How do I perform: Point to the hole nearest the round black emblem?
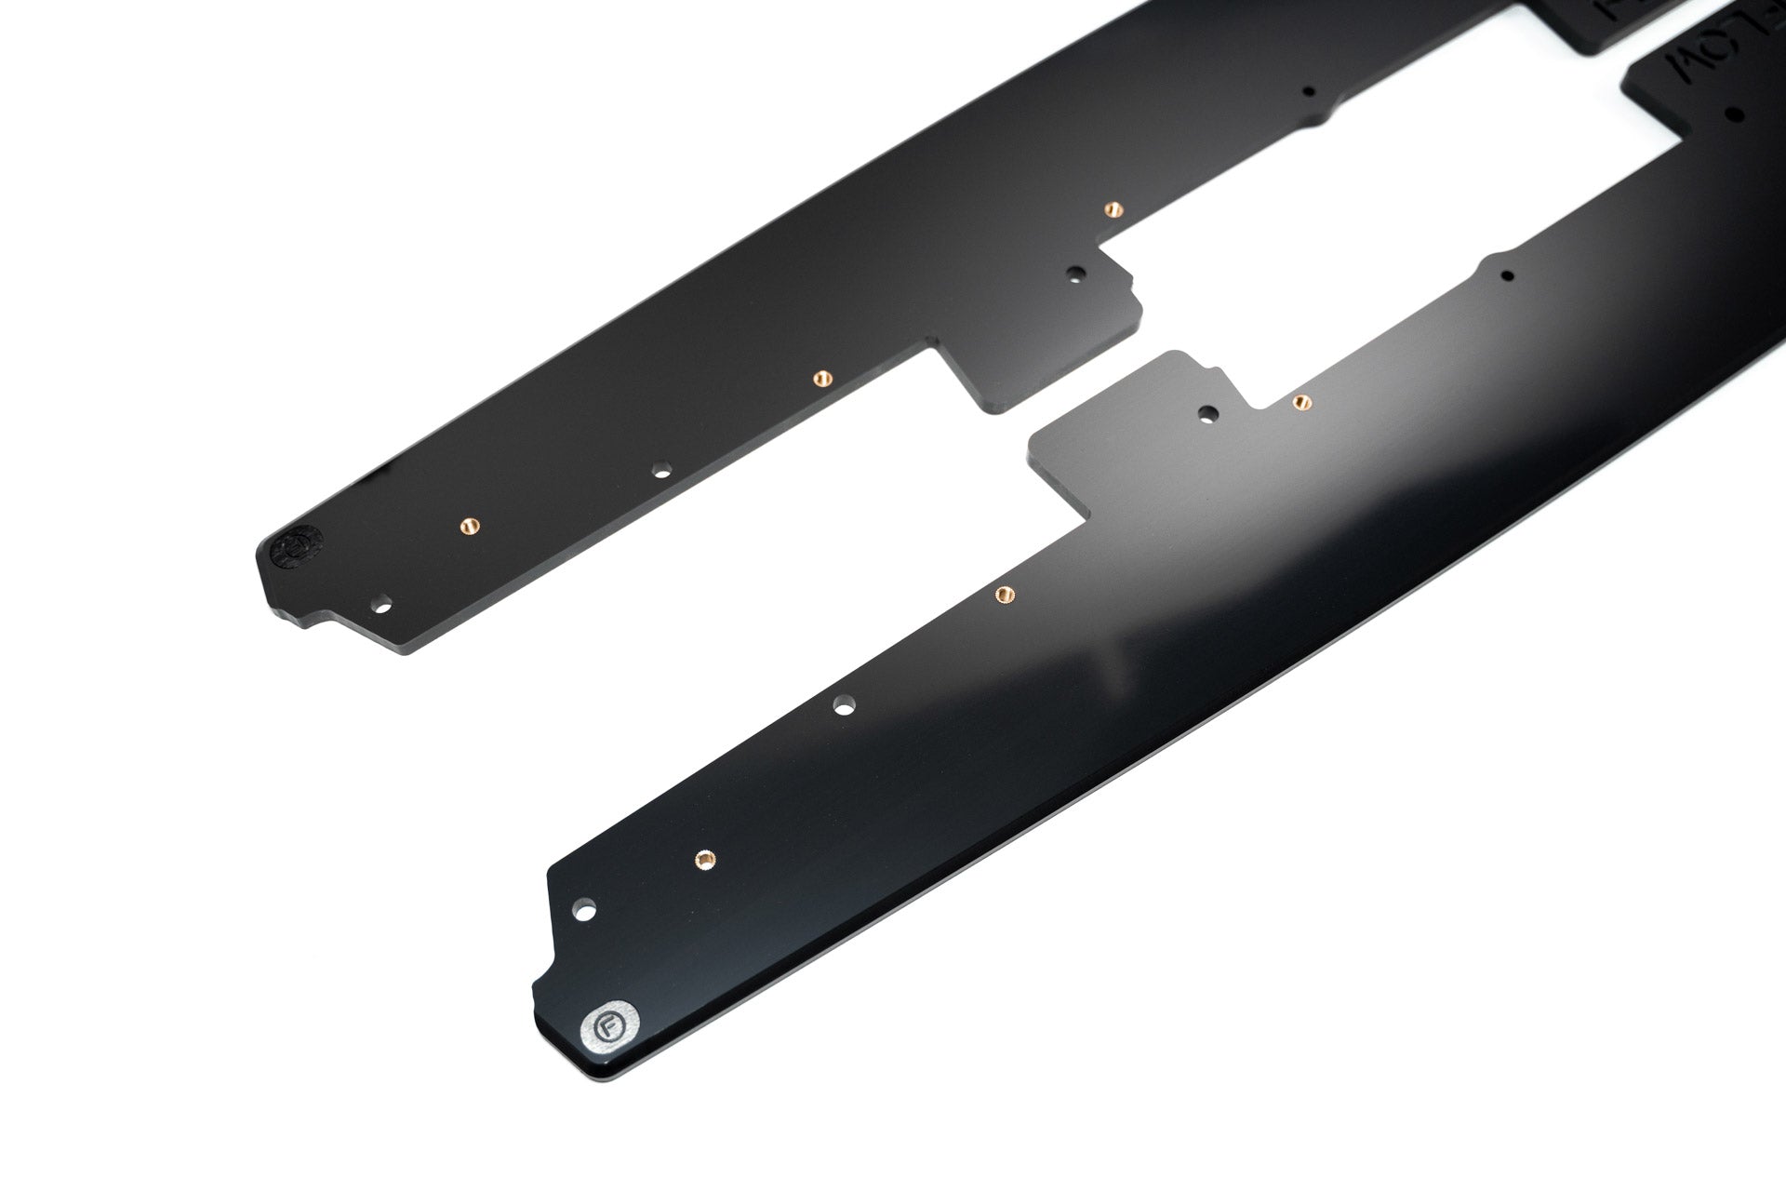tap(381, 606)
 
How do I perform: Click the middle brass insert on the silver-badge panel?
tap(1004, 594)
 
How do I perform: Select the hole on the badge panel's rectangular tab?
tap(1208, 412)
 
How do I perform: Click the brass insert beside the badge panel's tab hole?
tap(1302, 402)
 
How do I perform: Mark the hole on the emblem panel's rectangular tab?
tap(1076, 274)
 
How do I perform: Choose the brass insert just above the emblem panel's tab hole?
tap(1110, 208)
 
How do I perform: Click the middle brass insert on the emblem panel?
tap(821, 378)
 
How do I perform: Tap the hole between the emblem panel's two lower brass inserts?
tap(661, 471)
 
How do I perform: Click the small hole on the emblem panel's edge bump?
tap(1309, 92)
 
